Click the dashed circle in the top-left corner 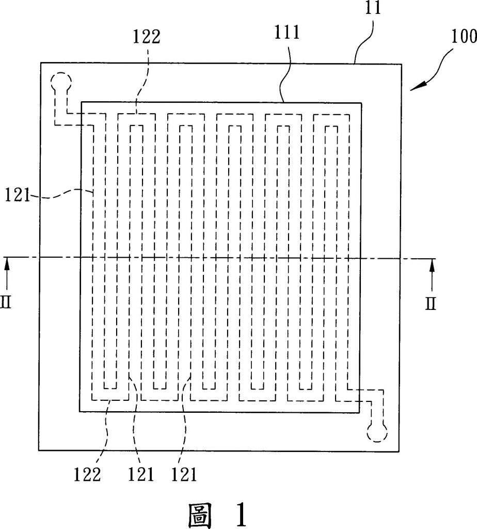click(x=60, y=82)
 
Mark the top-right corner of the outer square click(x=401, y=65)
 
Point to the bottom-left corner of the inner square click(x=79, y=411)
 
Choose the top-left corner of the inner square click(x=81, y=101)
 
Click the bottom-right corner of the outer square click(x=400, y=450)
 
